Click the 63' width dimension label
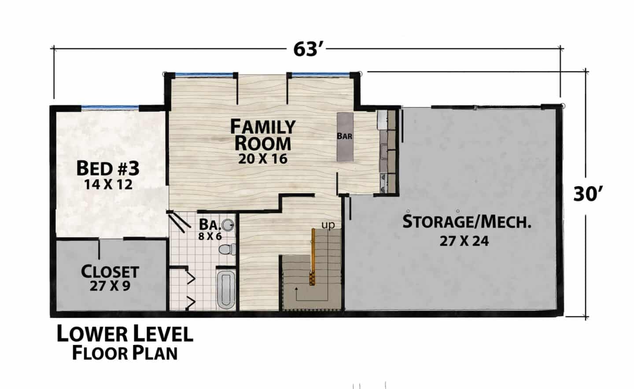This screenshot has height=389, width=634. [x=308, y=50]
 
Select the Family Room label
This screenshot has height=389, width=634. [x=263, y=135]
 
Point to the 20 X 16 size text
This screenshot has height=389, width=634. [x=263, y=159]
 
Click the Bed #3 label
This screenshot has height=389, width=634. [x=108, y=169]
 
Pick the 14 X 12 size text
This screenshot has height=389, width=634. [x=108, y=185]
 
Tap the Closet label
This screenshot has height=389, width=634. [x=110, y=272]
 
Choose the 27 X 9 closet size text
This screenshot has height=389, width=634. [x=110, y=286]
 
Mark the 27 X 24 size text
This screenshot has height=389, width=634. [x=464, y=241]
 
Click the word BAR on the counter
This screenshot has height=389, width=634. [x=344, y=136]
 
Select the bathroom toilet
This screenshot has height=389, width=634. [x=227, y=249]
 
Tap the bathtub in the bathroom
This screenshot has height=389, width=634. [x=226, y=290]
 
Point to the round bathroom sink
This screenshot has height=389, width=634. [x=228, y=225]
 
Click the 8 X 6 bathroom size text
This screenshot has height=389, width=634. [x=210, y=236]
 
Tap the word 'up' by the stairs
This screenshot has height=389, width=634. [x=328, y=225]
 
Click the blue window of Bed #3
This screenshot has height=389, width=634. [x=110, y=107]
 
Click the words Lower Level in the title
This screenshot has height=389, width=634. [x=125, y=334]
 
